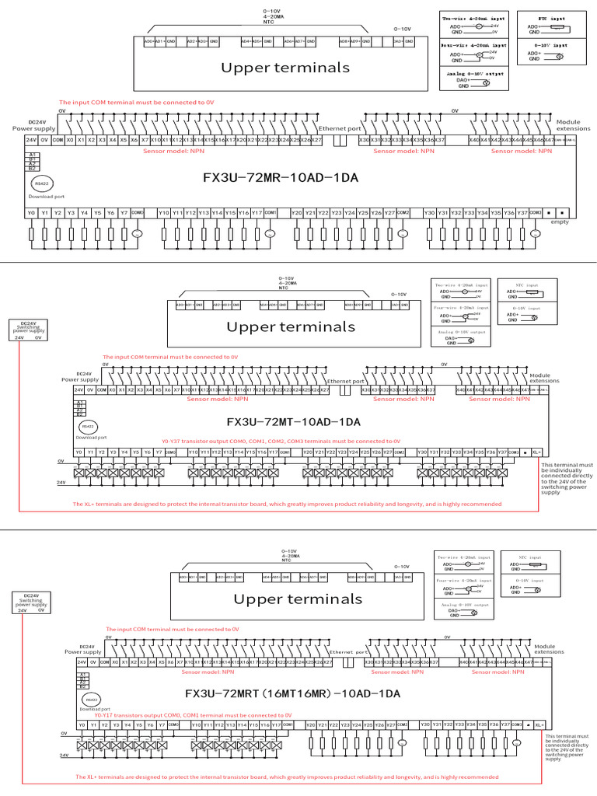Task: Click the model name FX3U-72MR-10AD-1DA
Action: [280, 178]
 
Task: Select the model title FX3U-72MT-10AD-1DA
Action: [293, 422]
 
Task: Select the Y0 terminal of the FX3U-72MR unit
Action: [31, 212]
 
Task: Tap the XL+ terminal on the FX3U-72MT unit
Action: [536, 452]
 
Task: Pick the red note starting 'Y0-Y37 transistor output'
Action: [281, 440]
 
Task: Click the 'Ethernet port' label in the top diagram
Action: [340, 128]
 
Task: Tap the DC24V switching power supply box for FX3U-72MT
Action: [28, 331]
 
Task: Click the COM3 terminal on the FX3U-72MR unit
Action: [535, 212]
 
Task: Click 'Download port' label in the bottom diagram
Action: [93, 709]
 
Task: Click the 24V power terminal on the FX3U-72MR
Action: [31, 140]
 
